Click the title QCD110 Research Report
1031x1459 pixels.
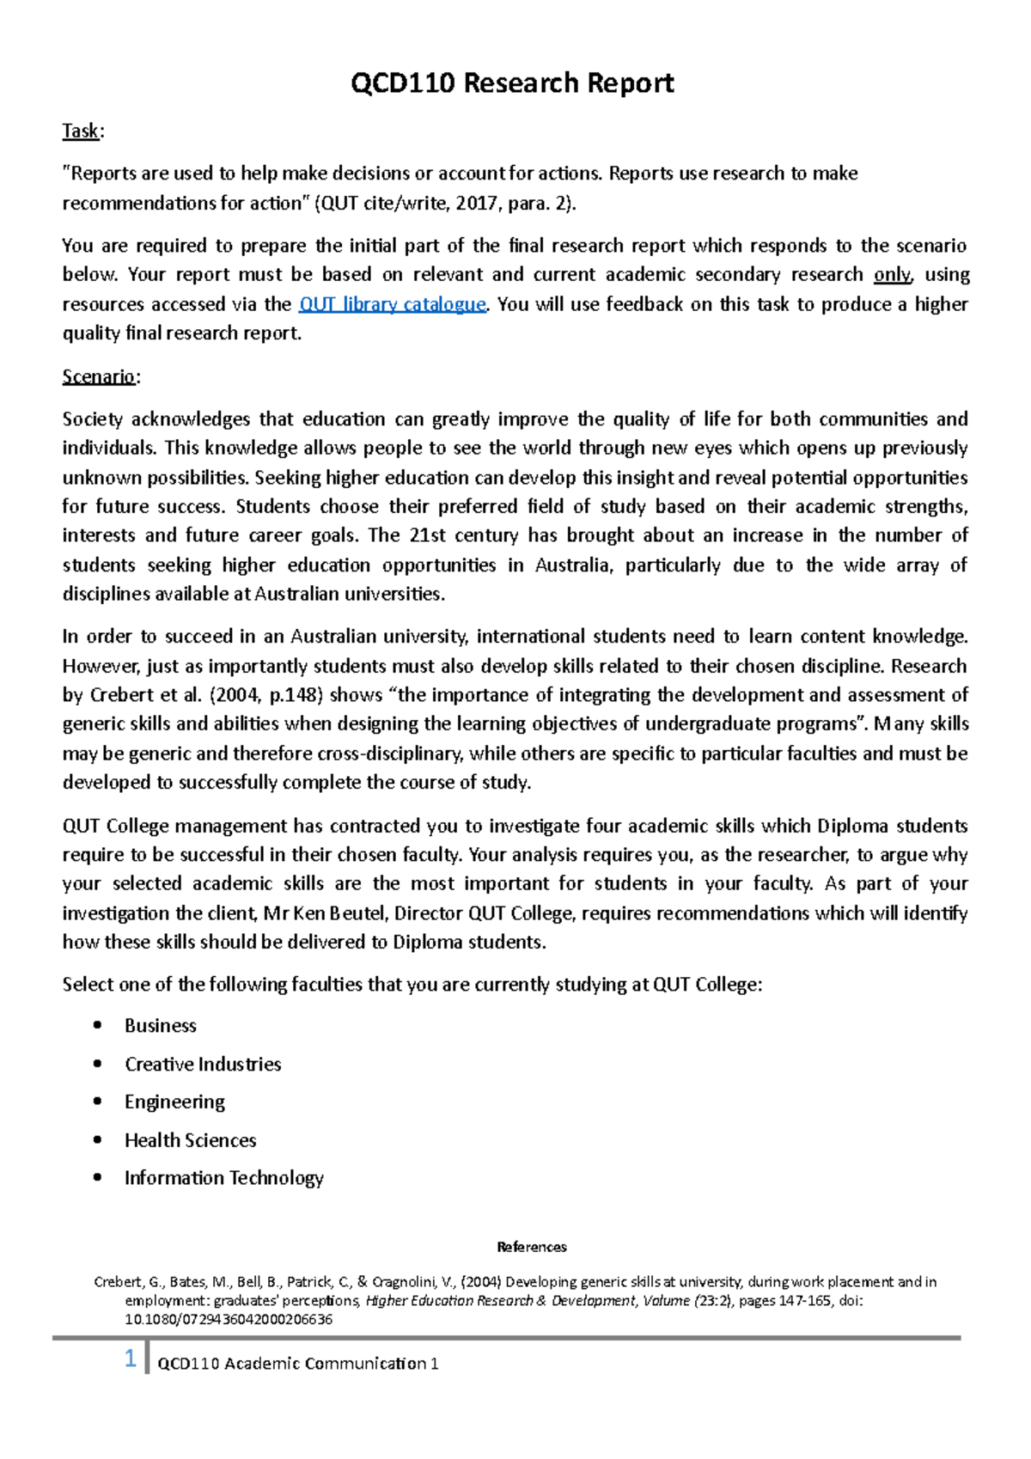pos(513,83)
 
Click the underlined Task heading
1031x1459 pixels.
pos(81,131)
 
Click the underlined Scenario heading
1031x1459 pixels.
pos(98,377)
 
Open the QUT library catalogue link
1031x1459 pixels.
pos(392,304)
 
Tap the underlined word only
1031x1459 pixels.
pos(891,275)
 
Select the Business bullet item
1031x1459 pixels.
pos(160,1026)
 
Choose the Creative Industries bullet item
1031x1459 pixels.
pos(203,1065)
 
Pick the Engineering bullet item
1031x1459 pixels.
pos(174,1102)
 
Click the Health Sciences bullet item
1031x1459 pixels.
pos(190,1141)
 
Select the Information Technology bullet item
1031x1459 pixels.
pos(223,1178)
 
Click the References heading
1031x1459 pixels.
pos(532,1247)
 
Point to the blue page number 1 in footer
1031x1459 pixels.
pos(131,1359)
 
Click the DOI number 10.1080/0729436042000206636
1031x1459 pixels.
pos(229,1320)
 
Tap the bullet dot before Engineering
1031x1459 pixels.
pos(98,1102)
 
